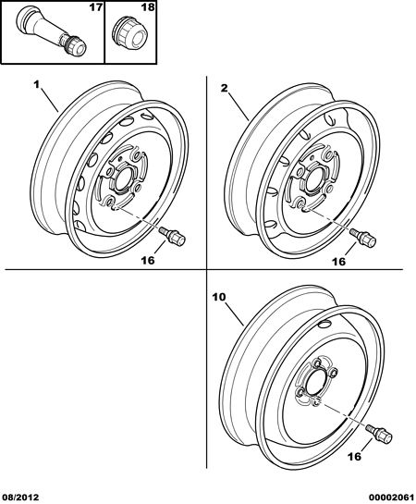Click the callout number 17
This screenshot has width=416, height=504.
point(95,7)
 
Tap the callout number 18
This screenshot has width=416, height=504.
point(148,7)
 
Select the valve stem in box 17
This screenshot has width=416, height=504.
point(51,31)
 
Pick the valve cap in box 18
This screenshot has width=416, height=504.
point(129,33)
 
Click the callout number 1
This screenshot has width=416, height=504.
point(36,85)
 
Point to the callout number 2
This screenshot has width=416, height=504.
point(225,88)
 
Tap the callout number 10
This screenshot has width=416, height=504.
point(219,297)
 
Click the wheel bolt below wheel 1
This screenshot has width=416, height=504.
point(173,236)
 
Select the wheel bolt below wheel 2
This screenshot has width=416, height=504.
point(363,238)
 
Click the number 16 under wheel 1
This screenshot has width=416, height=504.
point(148,260)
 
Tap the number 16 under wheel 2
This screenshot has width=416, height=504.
point(339,262)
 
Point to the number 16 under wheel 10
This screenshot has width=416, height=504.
point(355,456)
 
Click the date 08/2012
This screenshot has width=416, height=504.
point(19,498)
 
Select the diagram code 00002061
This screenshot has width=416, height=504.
point(394,498)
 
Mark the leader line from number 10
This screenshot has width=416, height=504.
point(234,313)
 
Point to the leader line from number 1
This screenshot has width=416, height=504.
point(49,101)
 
